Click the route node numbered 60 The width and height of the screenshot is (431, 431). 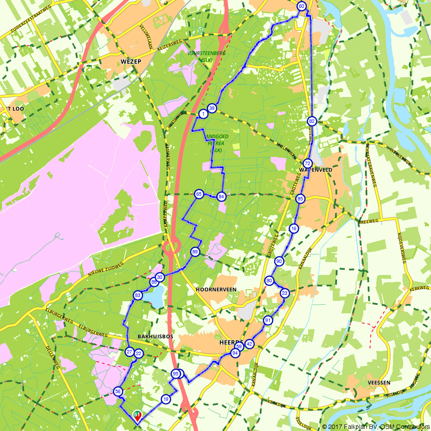[301, 6]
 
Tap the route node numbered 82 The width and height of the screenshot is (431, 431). [312, 121]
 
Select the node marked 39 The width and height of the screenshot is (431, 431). [211, 108]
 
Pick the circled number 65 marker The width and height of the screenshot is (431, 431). [199, 194]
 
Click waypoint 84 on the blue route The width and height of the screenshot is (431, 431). [221, 197]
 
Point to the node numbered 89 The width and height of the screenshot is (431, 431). [195, 252]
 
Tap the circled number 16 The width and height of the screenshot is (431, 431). [294, 229]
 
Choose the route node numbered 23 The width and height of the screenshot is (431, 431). [284, 293]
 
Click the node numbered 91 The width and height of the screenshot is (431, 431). [268, 320]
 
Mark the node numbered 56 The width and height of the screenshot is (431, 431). [118, 391]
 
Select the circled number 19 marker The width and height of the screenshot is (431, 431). [166, 400]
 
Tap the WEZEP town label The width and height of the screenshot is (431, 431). [131, 61]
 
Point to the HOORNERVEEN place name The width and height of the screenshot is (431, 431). [216, 289]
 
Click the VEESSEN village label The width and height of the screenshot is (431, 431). [379, 382]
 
